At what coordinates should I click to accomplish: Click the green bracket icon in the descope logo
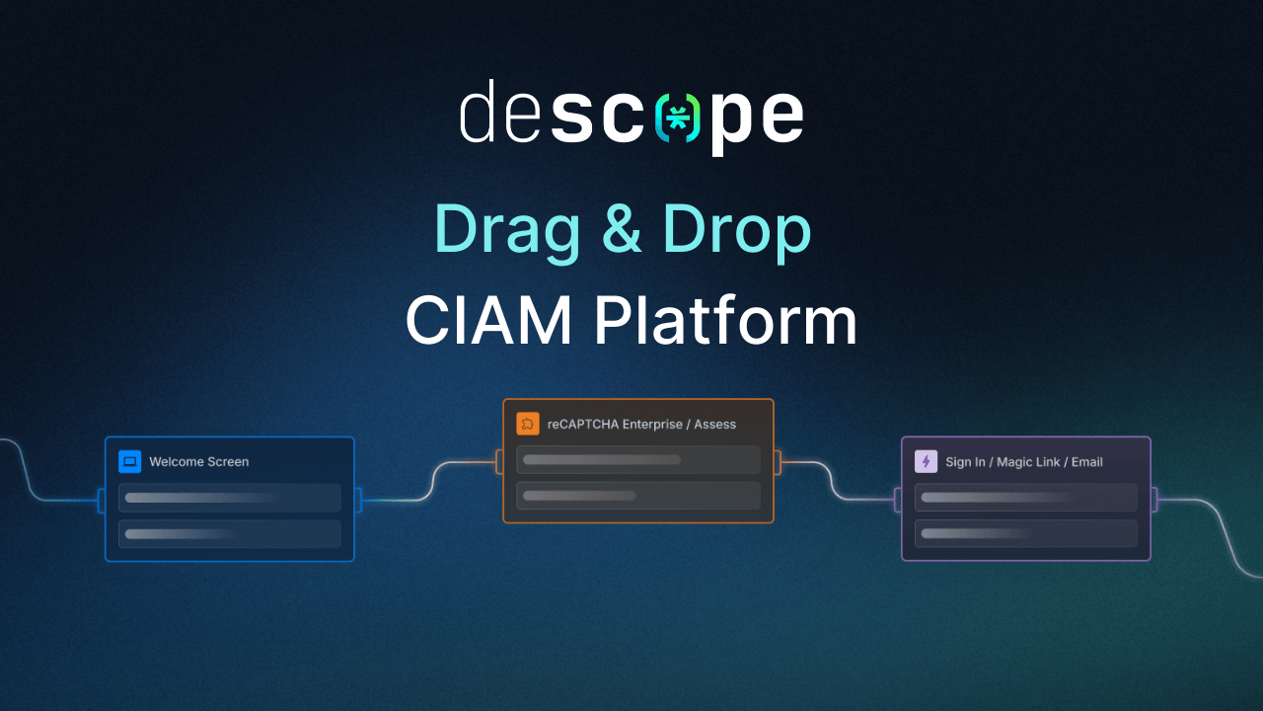pos(678,118)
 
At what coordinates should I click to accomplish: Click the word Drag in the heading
pos(506,230)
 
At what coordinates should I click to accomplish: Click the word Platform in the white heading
pos(725,321)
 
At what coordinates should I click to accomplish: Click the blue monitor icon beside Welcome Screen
pos(129,461)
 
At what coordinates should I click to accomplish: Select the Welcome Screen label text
pos(199,461)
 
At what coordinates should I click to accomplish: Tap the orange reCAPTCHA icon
pos(528,424)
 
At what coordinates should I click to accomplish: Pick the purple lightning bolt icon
pos(926,461)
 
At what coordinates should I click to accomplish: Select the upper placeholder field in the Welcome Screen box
pos(230,498)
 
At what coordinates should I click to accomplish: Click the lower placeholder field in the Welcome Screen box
pos(230,534)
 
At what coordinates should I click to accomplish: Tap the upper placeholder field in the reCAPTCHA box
pos(638,459)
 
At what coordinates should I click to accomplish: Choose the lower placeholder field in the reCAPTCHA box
pos(638,495)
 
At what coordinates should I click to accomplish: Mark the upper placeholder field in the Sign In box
pos(1026,498)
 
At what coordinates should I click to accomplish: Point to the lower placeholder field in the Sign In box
pos(1026,533)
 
